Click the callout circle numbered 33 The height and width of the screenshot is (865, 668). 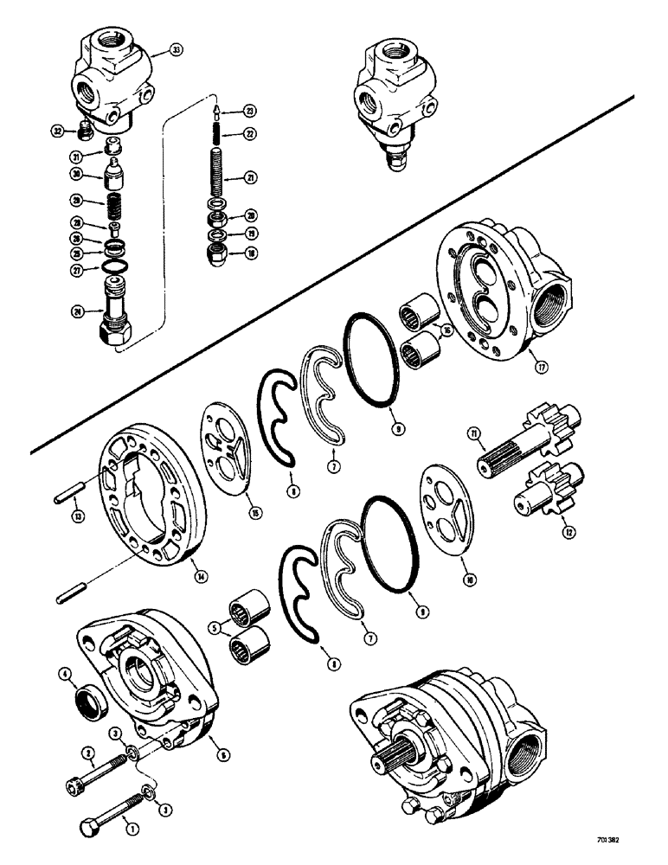click(x=176, y=53)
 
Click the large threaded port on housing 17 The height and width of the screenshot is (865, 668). click(x=550, y=309)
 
